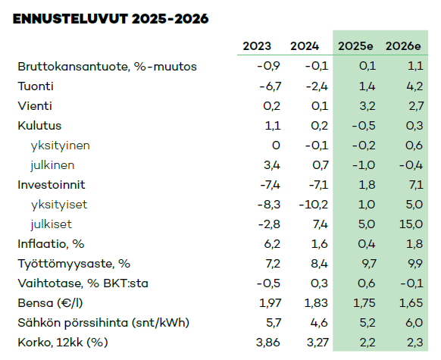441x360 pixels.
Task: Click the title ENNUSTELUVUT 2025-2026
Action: [x=111, y=19]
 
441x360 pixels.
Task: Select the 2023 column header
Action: [x=257, y=46]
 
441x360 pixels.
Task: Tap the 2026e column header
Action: [x=403, y=46]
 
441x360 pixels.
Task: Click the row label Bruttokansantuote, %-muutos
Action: [x=107, y=67]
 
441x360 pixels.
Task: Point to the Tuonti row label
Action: [x=36, y=86]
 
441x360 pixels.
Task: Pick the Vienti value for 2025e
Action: [x=367, y=106]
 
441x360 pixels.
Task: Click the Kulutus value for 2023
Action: [x=273, y=126]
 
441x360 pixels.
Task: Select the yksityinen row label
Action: [x=60, y=146]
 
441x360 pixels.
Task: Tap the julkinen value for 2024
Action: [x=321, y=165]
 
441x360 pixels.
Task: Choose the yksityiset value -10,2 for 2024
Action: [x=313, y=205]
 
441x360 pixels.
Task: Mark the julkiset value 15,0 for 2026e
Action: [x=411, y=224]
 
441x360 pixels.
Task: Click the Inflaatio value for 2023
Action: [x=272, y=244]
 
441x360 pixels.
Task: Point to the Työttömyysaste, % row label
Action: [x=74, y=264]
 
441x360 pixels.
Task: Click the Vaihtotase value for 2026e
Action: [x=411, y=283]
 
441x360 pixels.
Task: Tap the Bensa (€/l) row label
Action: [x=50, y=303]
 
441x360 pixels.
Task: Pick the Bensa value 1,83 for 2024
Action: [x=316, y=303]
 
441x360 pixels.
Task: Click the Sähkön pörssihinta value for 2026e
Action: [x=414, y=323]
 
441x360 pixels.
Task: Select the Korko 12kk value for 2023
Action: [x=268, y=343]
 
